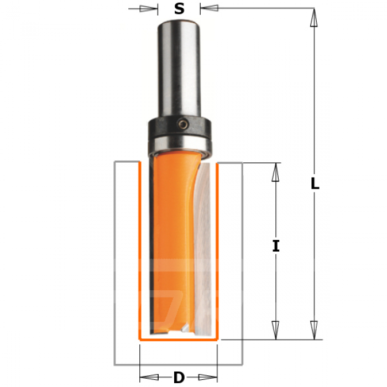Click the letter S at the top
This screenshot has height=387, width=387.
(179, 9)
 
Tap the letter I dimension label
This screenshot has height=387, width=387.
(276, 246)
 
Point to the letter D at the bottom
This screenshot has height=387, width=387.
(179, 377)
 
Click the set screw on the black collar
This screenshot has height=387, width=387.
(184, 124)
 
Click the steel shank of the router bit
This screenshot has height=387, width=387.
(179, 69)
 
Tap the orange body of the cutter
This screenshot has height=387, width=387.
(172, 242)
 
